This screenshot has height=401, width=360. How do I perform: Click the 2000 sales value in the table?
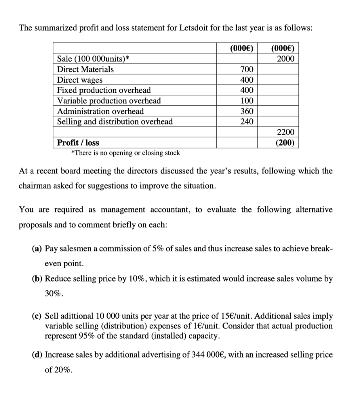[x=286, y=59]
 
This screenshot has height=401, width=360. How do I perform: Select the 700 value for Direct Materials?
[x=246, y=70]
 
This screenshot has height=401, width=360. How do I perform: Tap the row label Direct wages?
[x=80, y=80]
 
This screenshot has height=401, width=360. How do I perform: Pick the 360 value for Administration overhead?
[x=246, y=111]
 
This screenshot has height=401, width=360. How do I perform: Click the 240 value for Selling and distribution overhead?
[x=246, y=122]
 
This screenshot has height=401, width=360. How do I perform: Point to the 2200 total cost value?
[x=286, y=132]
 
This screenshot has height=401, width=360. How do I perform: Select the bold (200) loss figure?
[x=286, y=143]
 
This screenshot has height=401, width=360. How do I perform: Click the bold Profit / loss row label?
[x=78, y=143]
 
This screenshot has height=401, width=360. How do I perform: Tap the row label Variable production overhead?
[x=109, y=101]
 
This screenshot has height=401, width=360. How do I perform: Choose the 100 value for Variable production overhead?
[x=246, y=101]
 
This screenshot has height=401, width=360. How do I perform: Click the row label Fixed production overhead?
[x=104, y=90]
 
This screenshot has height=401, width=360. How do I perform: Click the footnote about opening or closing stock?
[x=125, y=153]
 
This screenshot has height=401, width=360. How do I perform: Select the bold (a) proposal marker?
[x=37, y=249]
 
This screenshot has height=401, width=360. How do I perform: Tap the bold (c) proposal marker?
[x=37, y=316]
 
